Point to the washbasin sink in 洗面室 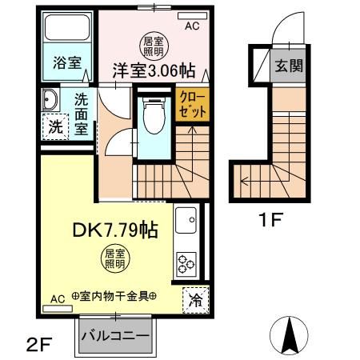(50, 102)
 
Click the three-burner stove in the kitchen (188, 262)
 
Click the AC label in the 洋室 (192, 26)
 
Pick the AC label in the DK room (58, 298)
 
